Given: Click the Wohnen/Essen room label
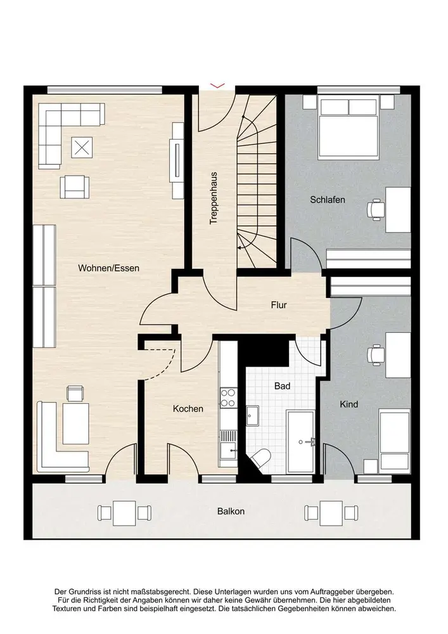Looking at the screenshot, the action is click(108, 268).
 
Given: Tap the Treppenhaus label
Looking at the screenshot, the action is click(214, 198).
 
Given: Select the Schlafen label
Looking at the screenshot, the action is click(328, 200).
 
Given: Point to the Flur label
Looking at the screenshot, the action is click(279, 305).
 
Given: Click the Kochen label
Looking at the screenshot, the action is click(188, 409).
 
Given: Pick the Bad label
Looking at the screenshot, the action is click(282, 386).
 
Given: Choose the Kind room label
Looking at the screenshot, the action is click(349, 404).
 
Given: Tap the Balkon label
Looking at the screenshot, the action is click(231, 512).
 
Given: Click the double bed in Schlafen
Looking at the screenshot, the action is click(349, 127).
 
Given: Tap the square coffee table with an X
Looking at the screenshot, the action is click(82, 148).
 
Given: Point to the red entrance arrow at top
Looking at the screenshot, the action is click(217, 86).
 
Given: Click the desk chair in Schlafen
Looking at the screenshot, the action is click(375, 209).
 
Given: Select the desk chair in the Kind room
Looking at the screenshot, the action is click(375, 355).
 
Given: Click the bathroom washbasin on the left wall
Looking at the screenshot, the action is click(253, 416).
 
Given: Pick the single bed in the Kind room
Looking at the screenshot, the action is click(395, 439).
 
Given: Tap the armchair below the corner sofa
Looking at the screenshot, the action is click(75, 187).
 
